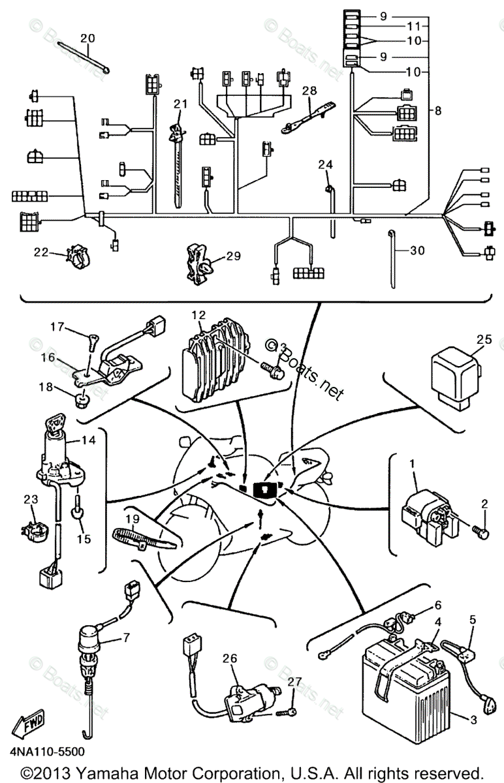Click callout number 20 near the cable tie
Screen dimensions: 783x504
[87, 38]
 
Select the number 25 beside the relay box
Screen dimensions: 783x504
[482, 339]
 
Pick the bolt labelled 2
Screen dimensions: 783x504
[483, 534]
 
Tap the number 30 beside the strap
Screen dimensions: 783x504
[417, 250]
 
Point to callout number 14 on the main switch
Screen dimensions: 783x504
[89, 441]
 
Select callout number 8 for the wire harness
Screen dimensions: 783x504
[437, 111]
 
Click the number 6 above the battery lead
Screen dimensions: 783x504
[438, 605]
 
